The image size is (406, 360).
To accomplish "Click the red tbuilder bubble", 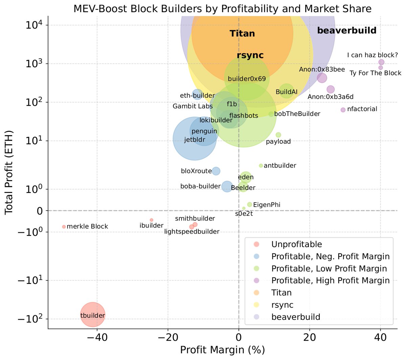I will pos(93,315).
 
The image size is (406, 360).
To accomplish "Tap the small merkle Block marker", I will pos(64,226).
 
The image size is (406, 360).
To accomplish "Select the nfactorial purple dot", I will pos(343,110).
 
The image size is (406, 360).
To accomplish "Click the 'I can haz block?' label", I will pos(372,55).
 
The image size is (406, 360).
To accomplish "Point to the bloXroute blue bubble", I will pos(216,171).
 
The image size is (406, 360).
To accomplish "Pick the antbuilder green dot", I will pos(261,166).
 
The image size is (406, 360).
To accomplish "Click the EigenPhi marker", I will pos(250,205).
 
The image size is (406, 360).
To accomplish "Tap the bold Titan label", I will pos(242,33).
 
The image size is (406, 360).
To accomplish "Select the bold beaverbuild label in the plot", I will pos(346,30).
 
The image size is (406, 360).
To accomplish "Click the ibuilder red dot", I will pos(152,220).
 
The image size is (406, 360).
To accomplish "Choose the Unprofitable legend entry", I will pos(296,244).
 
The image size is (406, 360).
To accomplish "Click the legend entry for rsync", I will pos(282,305).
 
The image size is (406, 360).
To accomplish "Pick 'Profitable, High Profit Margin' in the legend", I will pos(330,281).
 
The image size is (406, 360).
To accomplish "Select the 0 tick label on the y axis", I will pos(40,211).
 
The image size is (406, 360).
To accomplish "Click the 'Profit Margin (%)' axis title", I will pos(222,350).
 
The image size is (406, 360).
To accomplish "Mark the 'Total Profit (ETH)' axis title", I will pos(9,172).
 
